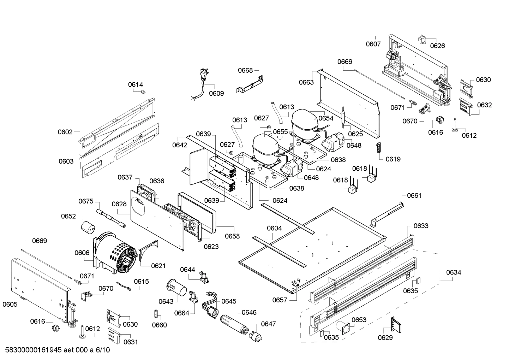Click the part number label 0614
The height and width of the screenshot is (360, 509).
[136, 84]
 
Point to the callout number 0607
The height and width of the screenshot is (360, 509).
[373, 44]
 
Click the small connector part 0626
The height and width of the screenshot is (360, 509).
[423, 40]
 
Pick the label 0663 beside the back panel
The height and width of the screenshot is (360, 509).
[306, 82]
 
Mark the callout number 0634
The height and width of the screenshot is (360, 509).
[453, 272]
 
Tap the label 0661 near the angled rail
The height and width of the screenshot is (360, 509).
[414, 195]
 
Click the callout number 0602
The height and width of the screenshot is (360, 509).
[65, 132]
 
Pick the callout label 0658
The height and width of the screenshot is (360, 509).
[232, 236]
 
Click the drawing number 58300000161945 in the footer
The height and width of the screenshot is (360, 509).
[34, 350]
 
